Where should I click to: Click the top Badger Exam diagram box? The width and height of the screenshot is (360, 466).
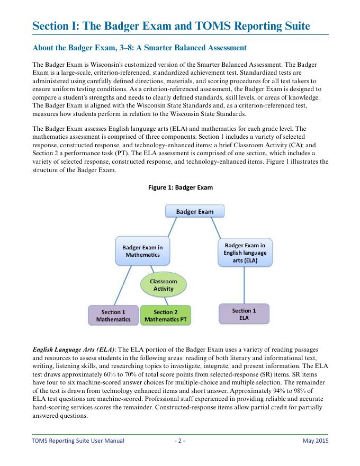(195, 211)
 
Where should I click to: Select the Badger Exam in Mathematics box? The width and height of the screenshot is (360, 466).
(142, 251)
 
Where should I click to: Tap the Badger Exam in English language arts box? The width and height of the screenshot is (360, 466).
(245, 253)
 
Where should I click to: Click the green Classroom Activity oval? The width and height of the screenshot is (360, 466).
(164, 285)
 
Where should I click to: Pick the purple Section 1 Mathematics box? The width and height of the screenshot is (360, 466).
(113, 316)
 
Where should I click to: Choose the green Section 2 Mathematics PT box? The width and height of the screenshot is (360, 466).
(165, 316)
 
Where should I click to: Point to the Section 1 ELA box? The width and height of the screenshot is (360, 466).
(244, 314)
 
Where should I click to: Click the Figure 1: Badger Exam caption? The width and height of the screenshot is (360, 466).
(180, 187)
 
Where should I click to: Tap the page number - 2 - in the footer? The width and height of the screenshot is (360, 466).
(180, 441)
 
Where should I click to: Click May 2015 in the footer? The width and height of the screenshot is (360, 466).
(316, 441)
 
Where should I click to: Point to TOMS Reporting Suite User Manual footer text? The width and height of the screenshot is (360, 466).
(78, 441)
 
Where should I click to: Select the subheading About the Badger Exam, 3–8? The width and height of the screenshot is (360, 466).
(140, 48)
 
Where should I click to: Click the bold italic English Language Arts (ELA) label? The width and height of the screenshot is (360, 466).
(74, 350)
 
